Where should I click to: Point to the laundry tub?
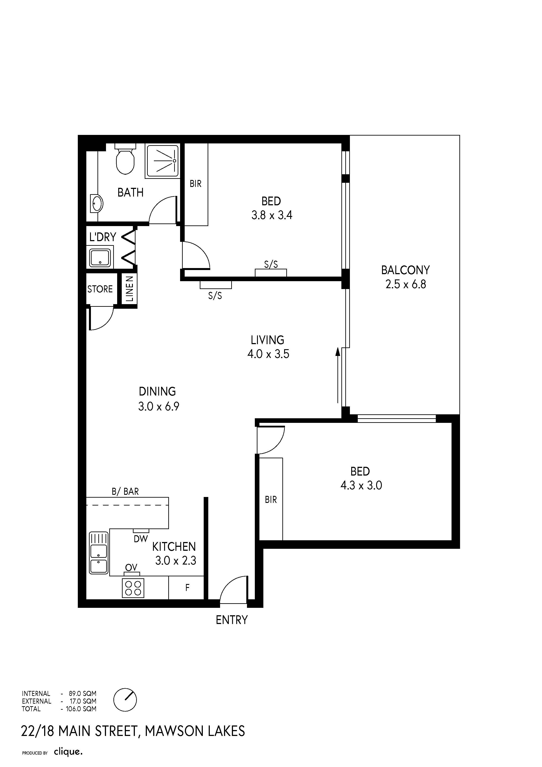point(100,257)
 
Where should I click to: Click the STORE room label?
point(100,289)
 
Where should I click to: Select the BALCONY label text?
point(405,270)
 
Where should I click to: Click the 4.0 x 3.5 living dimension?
point(268,354)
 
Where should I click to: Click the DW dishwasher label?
point(141,539)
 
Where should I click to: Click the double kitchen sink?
point(99,553)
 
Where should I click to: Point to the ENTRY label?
point(232,620)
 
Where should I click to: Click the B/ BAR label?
point(125,492)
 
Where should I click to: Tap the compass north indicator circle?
point(125,700)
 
